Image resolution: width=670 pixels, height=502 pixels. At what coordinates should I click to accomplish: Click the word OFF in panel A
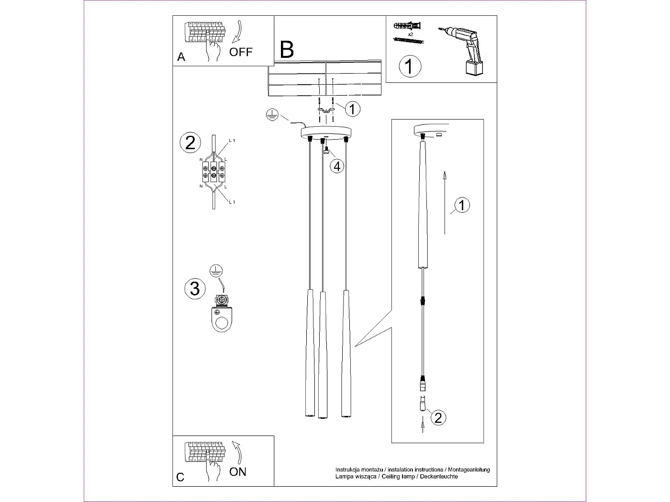[x=240, y=52]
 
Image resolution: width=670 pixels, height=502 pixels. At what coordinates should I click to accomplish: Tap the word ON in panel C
[x=238, y=472]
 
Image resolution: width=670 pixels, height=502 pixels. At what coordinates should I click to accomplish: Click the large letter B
[x=287, y=50]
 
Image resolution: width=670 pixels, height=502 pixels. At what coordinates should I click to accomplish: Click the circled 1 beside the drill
[x=410, y=66]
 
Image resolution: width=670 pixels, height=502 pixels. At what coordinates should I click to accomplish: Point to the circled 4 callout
[x=337, y=166]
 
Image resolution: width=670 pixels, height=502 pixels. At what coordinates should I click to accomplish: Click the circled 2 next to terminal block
[x=190, y=143]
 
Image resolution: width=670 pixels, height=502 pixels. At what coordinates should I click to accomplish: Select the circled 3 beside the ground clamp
[x=195, y=289]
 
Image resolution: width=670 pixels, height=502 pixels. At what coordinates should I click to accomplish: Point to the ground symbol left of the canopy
[x=272, y=114]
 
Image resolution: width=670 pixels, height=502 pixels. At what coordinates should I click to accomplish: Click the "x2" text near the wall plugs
[x=411, y=35]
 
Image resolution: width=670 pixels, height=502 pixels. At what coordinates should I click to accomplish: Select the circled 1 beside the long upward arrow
[x=461, y=206]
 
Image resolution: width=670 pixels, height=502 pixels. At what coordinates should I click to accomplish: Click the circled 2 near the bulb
[x=438, y=417]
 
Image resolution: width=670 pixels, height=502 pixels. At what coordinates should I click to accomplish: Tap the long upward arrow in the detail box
[x=445, y=203]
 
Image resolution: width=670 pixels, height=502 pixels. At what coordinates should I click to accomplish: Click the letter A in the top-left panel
[x=181, y=57]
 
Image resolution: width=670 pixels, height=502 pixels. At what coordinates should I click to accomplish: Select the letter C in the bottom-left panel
[x=180, y=477]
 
